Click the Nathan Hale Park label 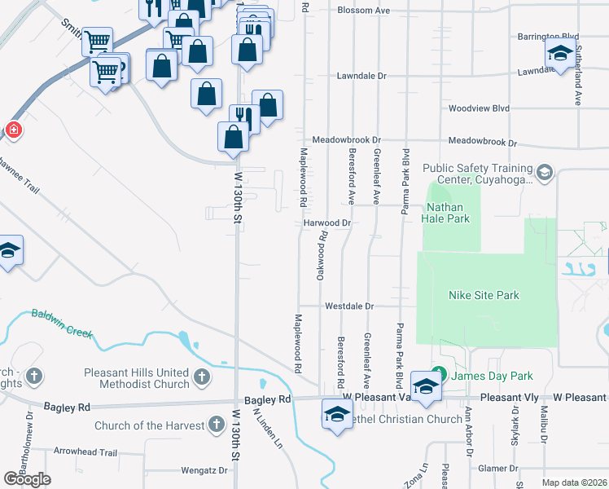(x=447, y=213)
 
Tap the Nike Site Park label (x=484, y=295)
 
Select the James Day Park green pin (x=440, y=375)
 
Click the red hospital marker (x=13, y=129)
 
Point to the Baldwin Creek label (x=62, y=324)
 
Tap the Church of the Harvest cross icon (x=216, y=425)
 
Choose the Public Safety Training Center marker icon (x=544, y=172)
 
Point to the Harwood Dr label (x=326, y=222)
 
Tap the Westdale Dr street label (x=348, y=306)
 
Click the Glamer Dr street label (x=499, y=469)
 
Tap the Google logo (x=28, y=478)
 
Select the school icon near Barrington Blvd (x=560, y=54)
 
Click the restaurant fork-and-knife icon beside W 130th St (x=243, y=117)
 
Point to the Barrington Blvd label (x=548, y=37)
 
